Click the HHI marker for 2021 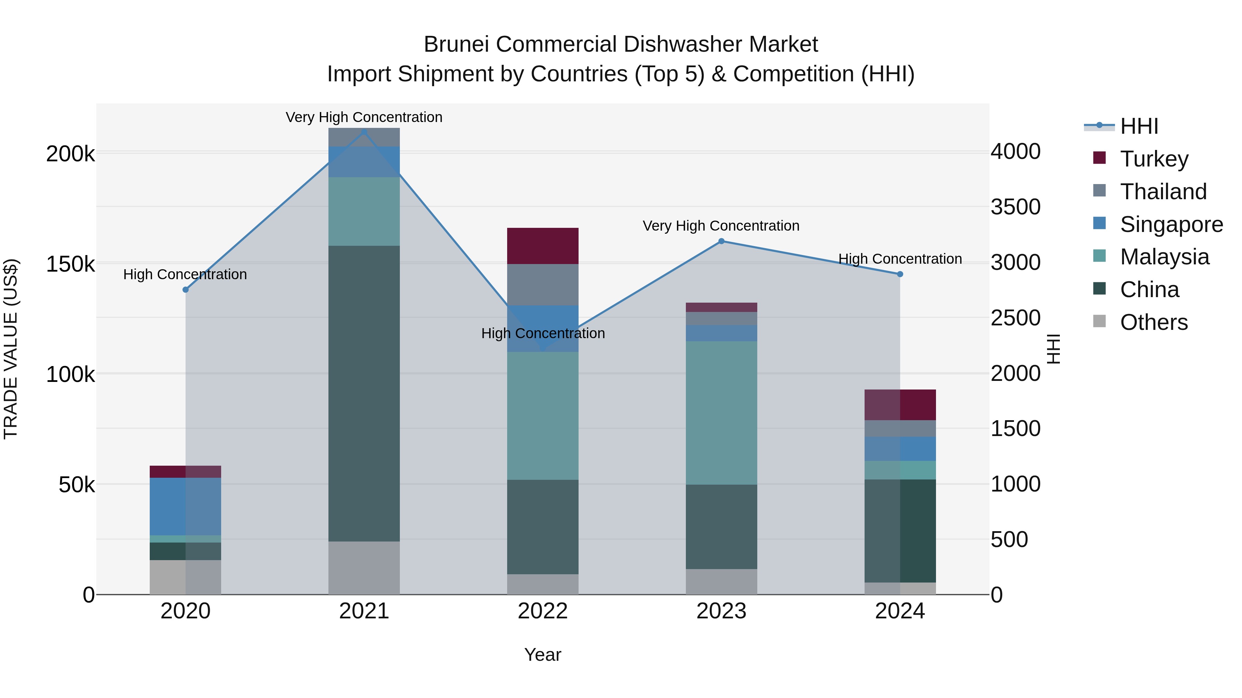coord(364,132)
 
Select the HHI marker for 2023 coord(721,241)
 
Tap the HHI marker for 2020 coord(186,290)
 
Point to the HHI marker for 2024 coord(900,274)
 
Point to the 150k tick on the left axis coord(70,264)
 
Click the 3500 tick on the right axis coord(1015,207)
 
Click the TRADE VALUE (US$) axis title coord(11,349)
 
